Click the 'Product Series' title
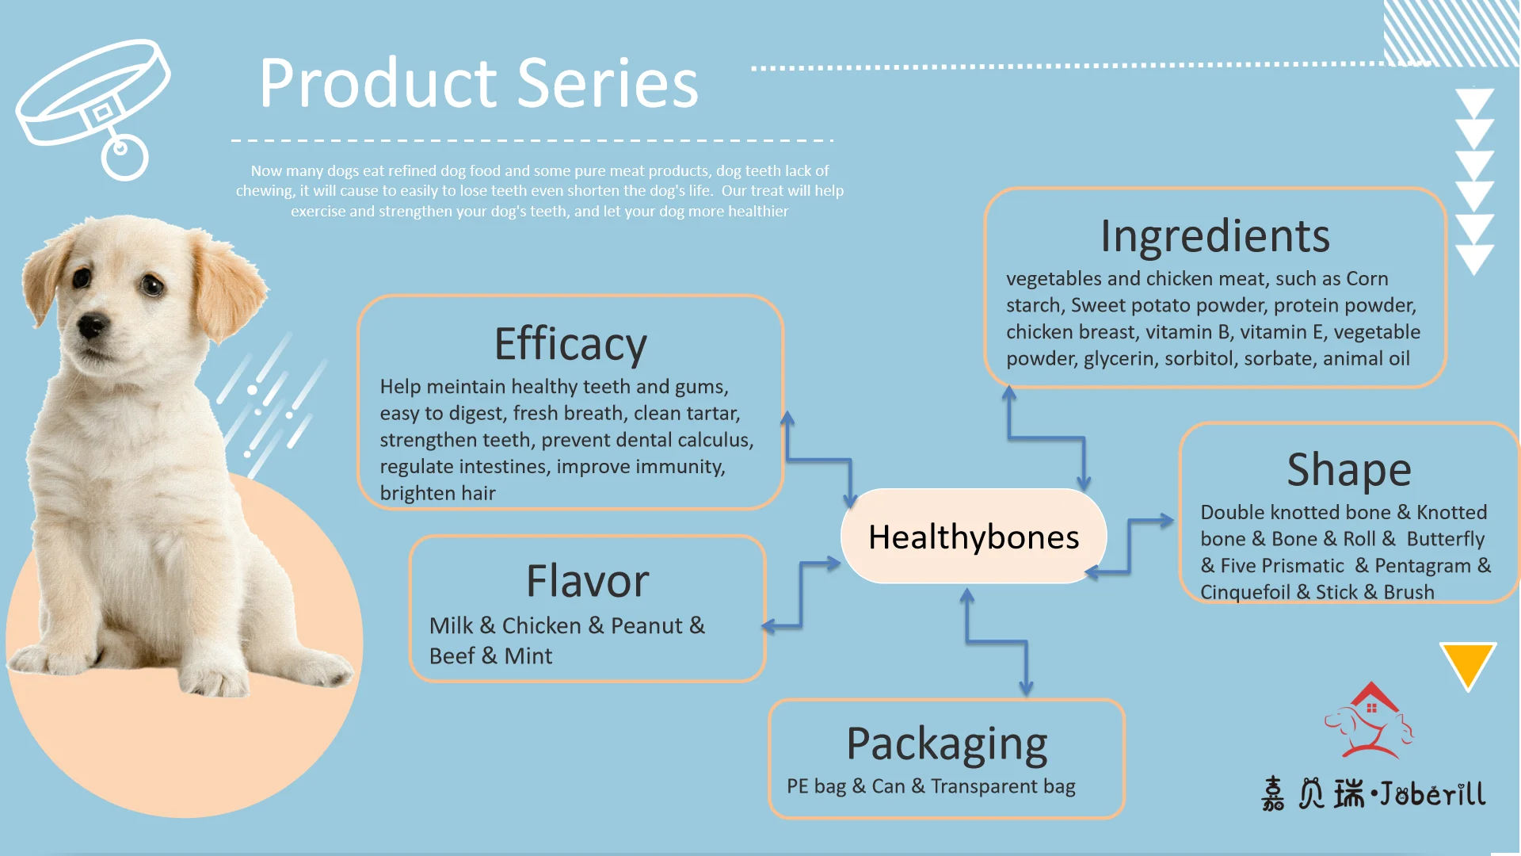pyautogui.click(x=479, y=83)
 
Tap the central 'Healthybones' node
pyautogui.click(x=974, y=537)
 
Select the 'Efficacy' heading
pyautogui.click(x=570, y=344)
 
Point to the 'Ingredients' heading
pyautogui.click(x=1215, y=236)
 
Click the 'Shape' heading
pyautogui.click(x=1349, y=469)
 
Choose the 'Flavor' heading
pyautogui.click(x=588, y=581)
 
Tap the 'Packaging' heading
pyautogui.click(x=947, y=744)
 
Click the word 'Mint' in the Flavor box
pyautogui.click(x=528, y=655)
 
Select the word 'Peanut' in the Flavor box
pyautogui.click(x=646, y=625)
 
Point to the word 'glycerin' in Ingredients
pyautogui.click(x=1119, y=359)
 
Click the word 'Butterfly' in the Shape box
pyautogui.click(x=1446, y=539)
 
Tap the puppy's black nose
pyautogui.click(x=92, y=325)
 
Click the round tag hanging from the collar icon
pyautogui.click(x=124, y=157)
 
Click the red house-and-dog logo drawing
pyautogui.click(x=1370, y=720)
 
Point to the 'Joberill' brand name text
pyautogui.click(x=1433, y=793)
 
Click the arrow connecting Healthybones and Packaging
pyautogui.click(x=997, y=642)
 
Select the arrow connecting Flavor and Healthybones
pyautogui.click(x=801, y=595)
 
